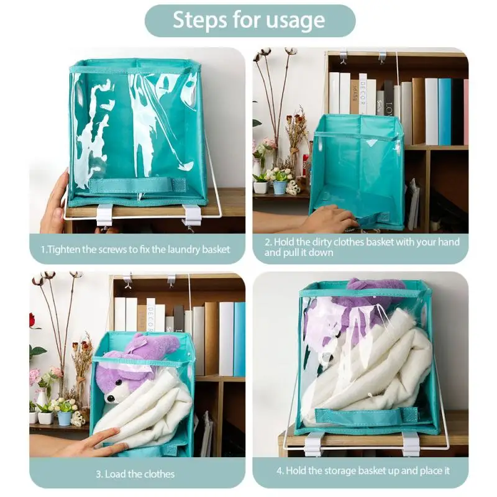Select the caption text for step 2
pyautogui.click(x=362, y=247)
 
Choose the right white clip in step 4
pyautogui.click(x=410, y=444)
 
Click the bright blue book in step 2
pyautogui.click(x=445, y=112)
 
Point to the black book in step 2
pyautogui.click(x=457, y=112)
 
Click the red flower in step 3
pyautogui.click(x=33, y=321)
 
